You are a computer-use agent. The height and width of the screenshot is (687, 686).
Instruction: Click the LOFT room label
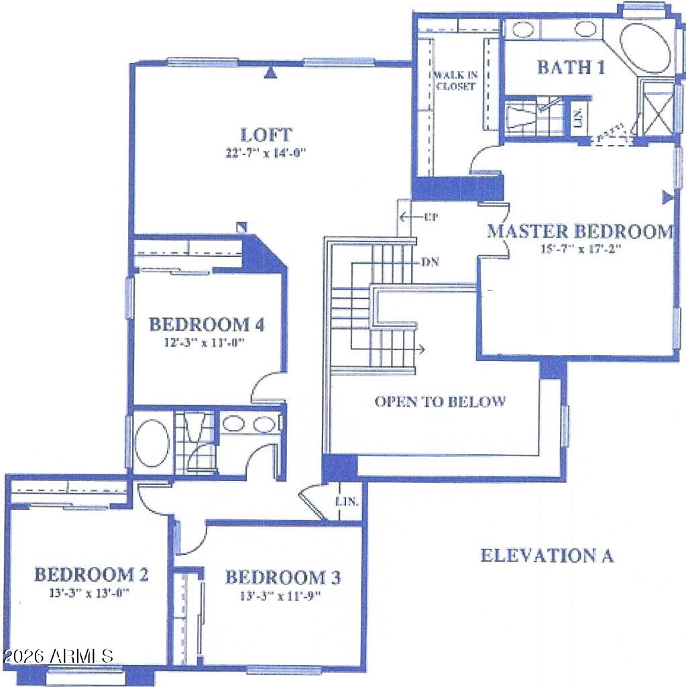click(266, 134)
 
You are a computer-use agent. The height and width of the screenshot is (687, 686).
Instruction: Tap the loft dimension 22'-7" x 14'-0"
click(266, 153)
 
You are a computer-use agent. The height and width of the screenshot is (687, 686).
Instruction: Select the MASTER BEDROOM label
click(581, 231)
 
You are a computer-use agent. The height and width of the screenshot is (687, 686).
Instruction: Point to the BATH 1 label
click(571, 67)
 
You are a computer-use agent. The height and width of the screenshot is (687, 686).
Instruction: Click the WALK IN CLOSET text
click(455, 81)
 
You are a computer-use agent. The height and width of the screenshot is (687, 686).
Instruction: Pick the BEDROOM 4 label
click(207, 324)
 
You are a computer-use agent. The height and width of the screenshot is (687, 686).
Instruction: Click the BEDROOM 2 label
click(91, 574)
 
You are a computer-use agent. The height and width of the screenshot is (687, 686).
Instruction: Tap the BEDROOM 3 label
click(282, 577)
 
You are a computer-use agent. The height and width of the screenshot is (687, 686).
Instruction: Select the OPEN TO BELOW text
click(440, 401)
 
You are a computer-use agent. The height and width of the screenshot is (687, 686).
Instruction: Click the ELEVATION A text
click(547, 555)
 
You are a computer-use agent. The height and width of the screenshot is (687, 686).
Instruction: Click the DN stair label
click(430, 262)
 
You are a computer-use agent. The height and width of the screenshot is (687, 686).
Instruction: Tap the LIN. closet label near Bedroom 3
click(347, 501)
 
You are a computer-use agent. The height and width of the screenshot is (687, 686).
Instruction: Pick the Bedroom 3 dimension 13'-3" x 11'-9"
click(280, 596)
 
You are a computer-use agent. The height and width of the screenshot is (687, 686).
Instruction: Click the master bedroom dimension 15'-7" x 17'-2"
click(581, 250)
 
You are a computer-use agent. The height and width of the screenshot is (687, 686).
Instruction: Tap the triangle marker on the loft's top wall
click(272, 72)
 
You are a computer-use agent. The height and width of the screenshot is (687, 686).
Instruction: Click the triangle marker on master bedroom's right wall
click(667, 198)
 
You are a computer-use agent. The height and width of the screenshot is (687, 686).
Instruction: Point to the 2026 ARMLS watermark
click(58, 656)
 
